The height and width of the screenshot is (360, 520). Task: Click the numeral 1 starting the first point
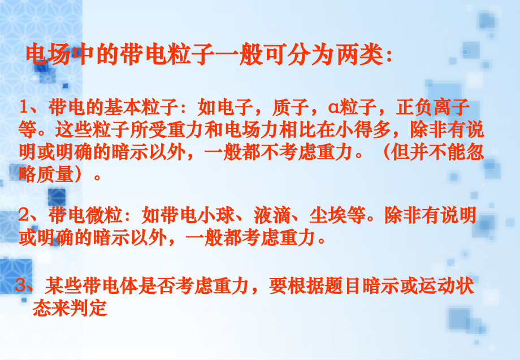click(24, 107)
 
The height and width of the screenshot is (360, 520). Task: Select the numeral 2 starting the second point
click(24, 215)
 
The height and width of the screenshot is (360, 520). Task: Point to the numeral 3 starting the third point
click(22, 287)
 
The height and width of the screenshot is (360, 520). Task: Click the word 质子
click(287, 107)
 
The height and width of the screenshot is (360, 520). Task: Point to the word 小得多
click(367, 131)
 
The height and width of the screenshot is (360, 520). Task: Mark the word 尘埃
click(328, 215)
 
